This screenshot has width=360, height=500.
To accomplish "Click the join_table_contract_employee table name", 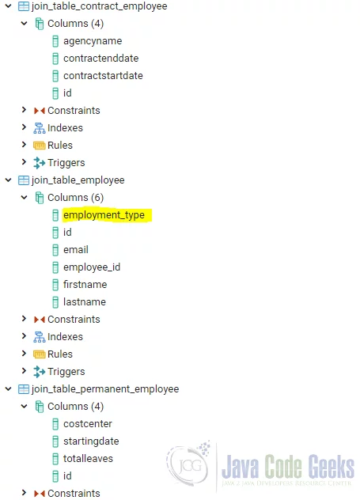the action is [x=99, y=6].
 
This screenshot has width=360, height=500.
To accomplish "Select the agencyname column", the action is [x=93, y=41].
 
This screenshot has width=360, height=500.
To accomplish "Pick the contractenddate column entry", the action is [x=100, y=59].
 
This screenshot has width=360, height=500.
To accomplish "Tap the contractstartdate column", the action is [x=103, y=76].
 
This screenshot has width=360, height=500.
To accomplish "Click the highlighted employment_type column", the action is [x=104, y=215].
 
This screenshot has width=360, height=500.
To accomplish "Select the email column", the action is [x=76, y=250].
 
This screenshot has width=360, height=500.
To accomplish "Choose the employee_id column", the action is [x=92, y=267].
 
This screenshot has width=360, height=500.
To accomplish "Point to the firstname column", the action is [x=85, y=285].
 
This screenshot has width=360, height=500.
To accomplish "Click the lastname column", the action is [x=85, y=302].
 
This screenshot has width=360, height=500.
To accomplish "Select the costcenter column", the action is [x=88, y=424].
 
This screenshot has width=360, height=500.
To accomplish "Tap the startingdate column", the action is [x=91, y=441].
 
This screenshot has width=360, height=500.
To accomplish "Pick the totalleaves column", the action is [x=88, y=459].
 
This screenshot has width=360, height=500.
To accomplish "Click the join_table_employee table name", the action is [x=78, y=180].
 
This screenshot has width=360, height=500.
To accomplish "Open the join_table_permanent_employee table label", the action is [x=105, y=389].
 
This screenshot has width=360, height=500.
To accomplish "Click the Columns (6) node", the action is [x=76, y=198].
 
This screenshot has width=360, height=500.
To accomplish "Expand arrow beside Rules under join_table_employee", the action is [x=24, y=354].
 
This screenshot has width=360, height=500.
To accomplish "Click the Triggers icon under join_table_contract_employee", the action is [x=40, y=163].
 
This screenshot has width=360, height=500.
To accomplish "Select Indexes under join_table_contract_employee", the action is [x=65, y=128].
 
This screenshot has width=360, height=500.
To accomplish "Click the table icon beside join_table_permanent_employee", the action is [x=24, y=389].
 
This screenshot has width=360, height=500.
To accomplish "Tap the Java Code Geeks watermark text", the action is [x=288, y=467].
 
